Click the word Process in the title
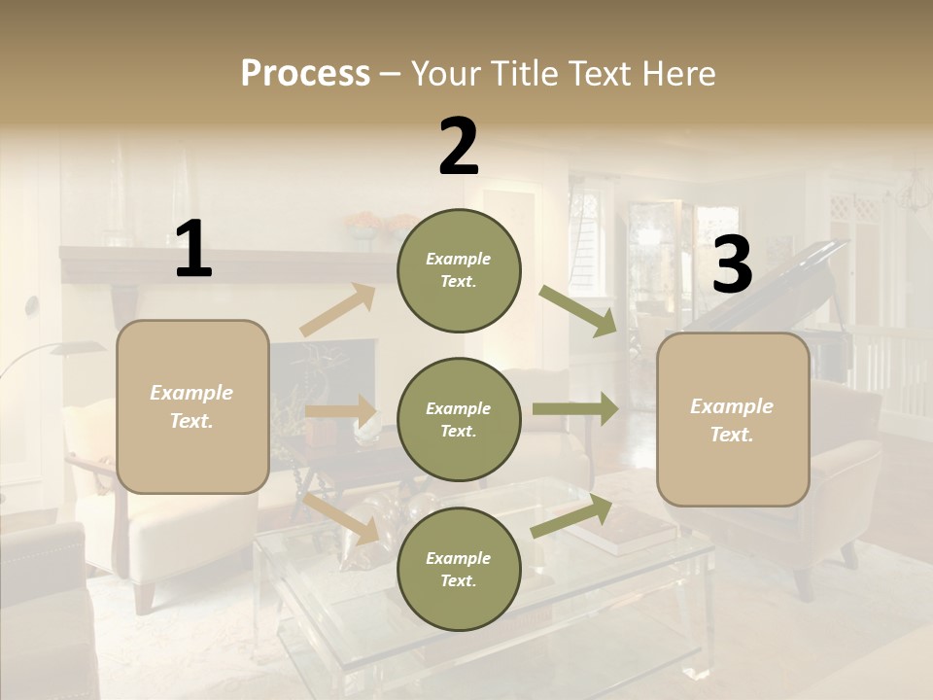coord(305,74)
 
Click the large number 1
coord(193,250)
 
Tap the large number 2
coord(459,147)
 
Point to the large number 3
coord(732,264)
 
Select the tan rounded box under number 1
coord(192,406)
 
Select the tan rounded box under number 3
coord(733,419)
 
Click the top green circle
coord(459,270)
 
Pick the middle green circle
coord(459,419)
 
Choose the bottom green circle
coord(459,569)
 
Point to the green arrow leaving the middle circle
coord(574,409)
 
